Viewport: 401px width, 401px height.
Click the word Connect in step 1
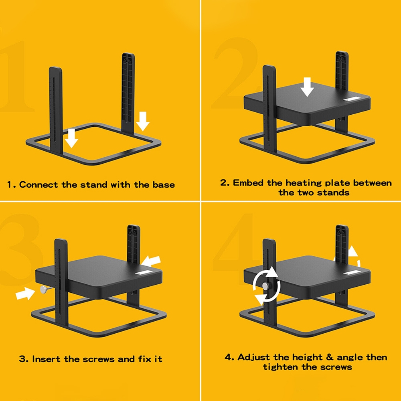38,184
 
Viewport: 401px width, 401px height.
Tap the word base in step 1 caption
164,184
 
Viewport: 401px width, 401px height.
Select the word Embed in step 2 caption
248,183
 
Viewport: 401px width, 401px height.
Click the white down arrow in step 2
307,87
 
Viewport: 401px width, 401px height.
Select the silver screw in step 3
46,290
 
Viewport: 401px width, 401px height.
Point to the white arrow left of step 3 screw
25,294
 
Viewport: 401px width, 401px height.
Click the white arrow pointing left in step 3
151,261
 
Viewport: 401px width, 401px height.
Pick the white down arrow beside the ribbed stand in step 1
143,121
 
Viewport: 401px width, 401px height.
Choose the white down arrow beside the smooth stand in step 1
71,138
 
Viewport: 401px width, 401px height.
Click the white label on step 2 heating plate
352,99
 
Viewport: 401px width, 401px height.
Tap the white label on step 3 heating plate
143,273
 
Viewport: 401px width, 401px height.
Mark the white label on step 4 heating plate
352,273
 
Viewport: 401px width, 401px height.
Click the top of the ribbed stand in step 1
128,54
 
